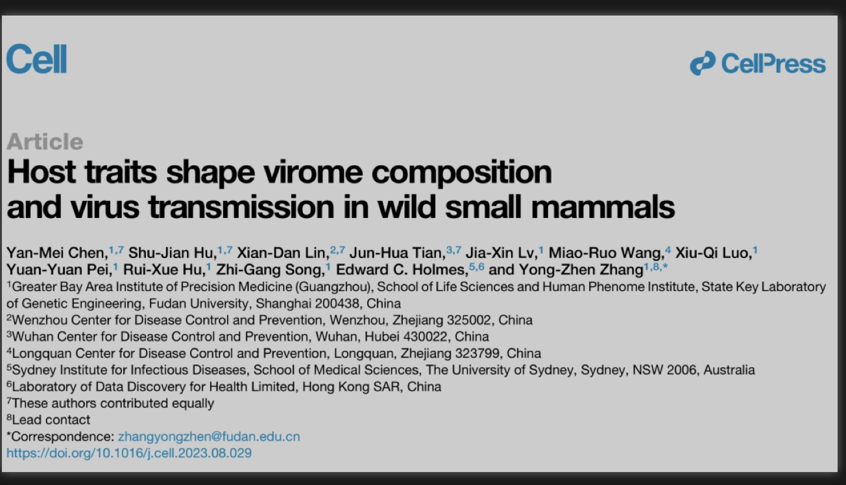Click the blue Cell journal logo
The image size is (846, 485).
point(36,58)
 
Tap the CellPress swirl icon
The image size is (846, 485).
point(703,63)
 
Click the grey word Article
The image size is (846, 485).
point(45,141)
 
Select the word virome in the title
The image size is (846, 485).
point(313,172)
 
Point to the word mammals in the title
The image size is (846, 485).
point(603,207)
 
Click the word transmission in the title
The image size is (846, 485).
point(241,207)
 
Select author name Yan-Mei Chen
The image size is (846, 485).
point(57,253)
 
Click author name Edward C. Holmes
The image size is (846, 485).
point(402,270)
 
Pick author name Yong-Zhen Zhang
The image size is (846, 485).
point(581,270)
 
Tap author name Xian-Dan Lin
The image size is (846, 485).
point(283,253)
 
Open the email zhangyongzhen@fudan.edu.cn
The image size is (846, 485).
point(209,436)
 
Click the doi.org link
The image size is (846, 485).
point(129,453)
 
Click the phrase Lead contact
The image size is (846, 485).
point(51,420)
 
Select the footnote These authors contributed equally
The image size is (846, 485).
point(113,403)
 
